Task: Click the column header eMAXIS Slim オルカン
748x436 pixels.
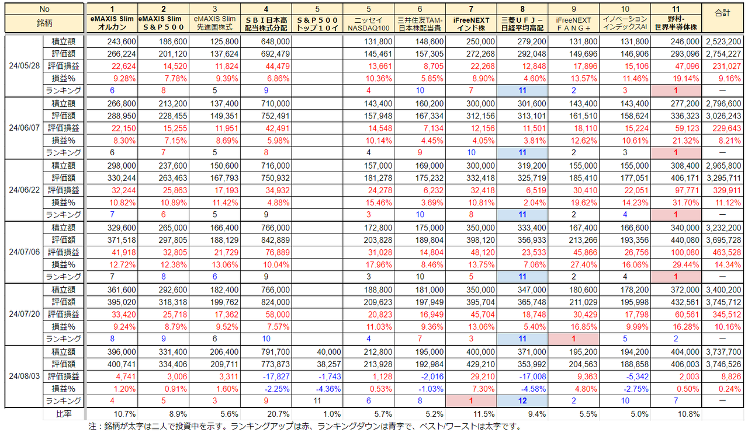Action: [x=112, y=23]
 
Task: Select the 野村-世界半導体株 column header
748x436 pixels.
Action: [x=676, y=23]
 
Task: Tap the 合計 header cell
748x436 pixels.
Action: [x=723, y=13]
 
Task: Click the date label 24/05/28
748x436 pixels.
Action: [x=25, y=66]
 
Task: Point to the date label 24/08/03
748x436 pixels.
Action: [x=25, y=376]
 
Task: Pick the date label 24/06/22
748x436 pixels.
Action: [x=25, y=190]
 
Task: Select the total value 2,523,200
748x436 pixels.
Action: [x=723, y=41]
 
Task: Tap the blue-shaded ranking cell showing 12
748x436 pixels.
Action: [x=522, y=400]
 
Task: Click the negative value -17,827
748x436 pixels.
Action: [x=276, y=376]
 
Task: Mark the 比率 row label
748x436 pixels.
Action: [x=64, y=414]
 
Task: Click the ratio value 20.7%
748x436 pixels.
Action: [x=278, y=414]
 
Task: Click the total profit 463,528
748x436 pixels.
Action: [x=726, y=253]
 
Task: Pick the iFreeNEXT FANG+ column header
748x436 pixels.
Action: [x=573, y=24]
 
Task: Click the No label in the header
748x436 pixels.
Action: [x=44, y=9]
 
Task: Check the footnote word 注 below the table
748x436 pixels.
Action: [x=92, y=426]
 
